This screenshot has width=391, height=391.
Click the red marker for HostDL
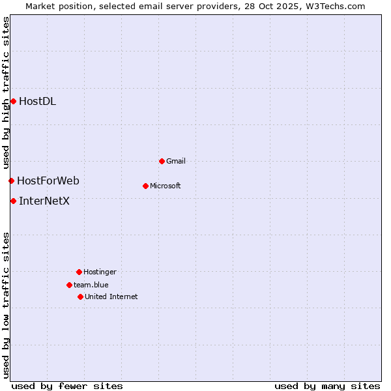(x=13, y=101)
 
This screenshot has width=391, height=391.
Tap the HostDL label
(x=37, y=101)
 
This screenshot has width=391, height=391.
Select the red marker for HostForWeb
(x=11, y=181)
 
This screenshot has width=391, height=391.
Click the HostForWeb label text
(x=48, y=181)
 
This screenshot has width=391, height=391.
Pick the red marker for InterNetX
(x=13, y=201)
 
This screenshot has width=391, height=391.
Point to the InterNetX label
(x=44, y=201)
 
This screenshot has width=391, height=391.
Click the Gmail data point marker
(x=162, y=161)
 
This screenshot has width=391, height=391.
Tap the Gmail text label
(x=176, y=161)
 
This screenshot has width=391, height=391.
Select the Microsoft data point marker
(x=145, y=186)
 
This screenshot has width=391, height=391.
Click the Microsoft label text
(x=165, y=186)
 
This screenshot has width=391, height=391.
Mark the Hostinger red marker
(x=79, y=272)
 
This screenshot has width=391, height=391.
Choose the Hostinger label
(x=100, y=272)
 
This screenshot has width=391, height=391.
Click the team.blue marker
(x=69, y=285)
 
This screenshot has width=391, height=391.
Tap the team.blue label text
(x=91, y=285)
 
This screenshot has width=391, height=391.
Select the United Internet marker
(x=80, y=297)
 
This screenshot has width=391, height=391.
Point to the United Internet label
(x=111, y=297)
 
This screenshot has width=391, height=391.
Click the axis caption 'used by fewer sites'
(x=67, y=386)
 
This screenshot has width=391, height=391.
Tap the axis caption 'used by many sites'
(x=327, y=386)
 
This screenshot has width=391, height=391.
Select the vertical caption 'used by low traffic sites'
(x=6, y=305)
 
